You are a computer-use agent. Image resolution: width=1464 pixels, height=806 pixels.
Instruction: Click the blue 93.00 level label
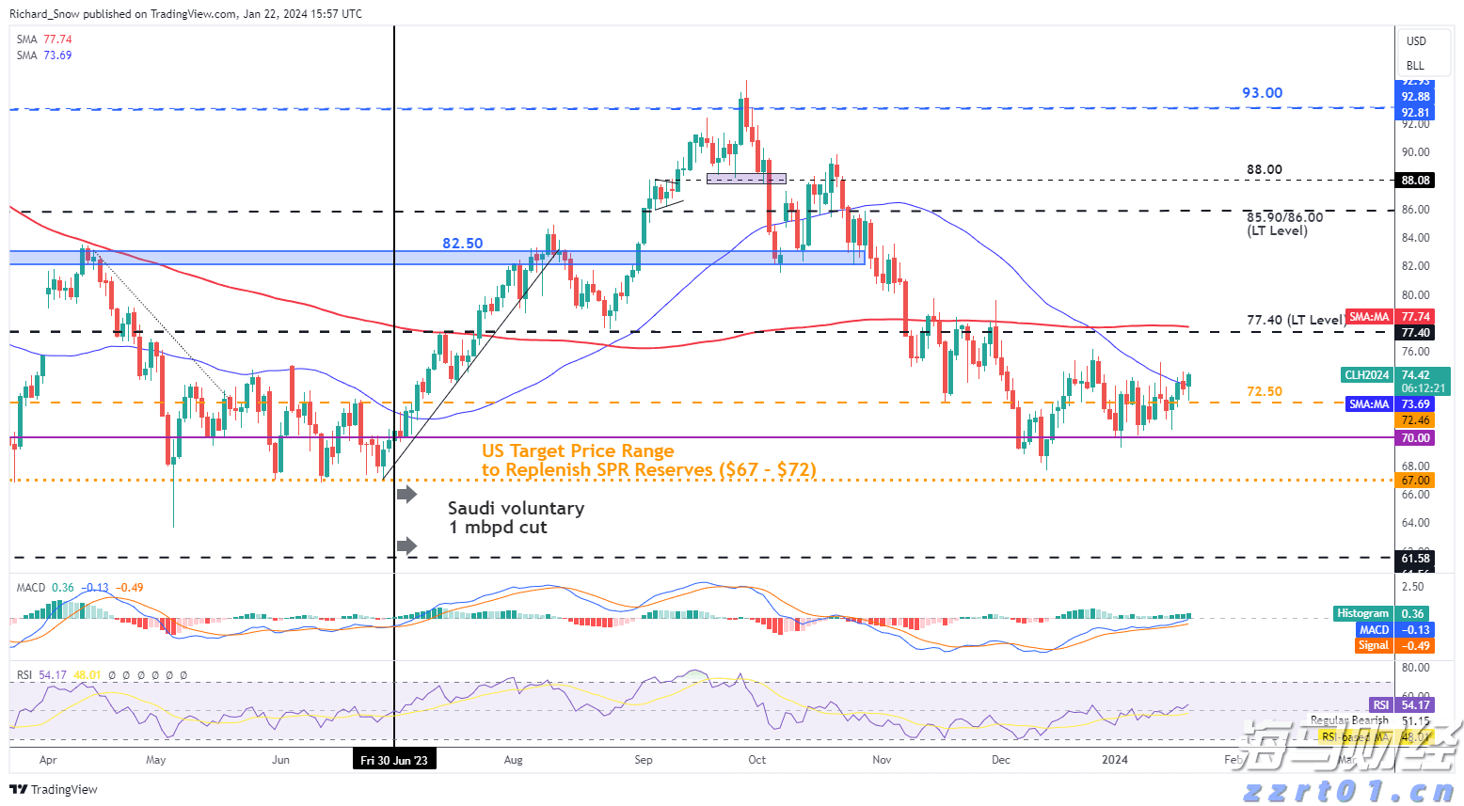(1262, 93)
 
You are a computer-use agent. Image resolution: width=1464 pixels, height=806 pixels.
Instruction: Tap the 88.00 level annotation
(1264, 170)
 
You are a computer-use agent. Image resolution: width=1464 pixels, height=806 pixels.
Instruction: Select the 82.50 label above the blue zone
(462, 244)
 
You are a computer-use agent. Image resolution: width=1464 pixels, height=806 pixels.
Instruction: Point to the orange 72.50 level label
(1264, 392)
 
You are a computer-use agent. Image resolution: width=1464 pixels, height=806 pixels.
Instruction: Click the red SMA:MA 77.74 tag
(1390, 317)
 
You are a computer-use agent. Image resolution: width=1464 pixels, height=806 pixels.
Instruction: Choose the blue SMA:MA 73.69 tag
(1390, 404)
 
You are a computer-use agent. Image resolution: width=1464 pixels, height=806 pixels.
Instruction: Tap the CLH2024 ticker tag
(1366, 375)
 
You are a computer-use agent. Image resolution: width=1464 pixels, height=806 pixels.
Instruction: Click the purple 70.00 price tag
(1415, 438)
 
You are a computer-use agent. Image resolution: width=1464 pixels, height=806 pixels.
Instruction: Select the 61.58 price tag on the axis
(1415, 559)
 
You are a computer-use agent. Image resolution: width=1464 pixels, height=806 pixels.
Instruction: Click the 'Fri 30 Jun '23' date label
(394, 760)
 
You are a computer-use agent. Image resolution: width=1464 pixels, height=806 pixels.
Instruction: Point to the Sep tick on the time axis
(644, 760)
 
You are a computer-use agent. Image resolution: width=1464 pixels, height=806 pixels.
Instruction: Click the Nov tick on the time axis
(882, 760)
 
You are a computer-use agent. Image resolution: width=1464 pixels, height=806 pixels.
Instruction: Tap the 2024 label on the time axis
(1115, 760)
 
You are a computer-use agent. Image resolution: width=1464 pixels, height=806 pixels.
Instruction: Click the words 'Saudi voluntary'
(516, 509)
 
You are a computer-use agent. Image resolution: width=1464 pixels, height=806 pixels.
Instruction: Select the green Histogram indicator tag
(1362, 613)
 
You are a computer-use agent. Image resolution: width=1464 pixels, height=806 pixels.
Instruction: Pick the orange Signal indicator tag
(1373, 645)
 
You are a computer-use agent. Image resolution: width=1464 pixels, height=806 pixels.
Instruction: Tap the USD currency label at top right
(1416, 41)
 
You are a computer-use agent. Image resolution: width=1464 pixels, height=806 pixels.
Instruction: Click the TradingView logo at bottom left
(54, 789)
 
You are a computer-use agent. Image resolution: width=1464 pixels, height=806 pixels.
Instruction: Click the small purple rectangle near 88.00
(746, 178)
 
